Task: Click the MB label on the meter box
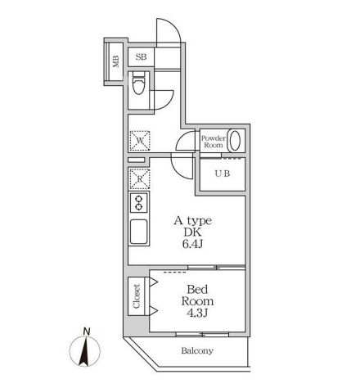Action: coord(116,61)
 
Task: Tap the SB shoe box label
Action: coord(141,57)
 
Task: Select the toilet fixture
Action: coord(139,83)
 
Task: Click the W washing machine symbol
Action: coord(140,141)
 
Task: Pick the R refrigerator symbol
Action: coord(140,179)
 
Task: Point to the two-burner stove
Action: coord(139,202)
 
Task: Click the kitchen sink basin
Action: coord(139,232)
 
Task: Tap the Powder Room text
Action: coord(214,142)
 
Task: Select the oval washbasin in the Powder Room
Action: coord(235,140)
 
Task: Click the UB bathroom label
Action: coord(223,174)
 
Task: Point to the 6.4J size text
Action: coord(192,244)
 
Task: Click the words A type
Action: coord(193,221)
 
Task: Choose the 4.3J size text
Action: coord(197,313)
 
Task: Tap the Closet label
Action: coord(137,296)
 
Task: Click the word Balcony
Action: coord(197,350)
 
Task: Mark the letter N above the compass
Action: coord(87,332)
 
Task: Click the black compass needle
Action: coord(84,351)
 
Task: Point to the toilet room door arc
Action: coord(169,102)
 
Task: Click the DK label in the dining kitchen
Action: coord(192,232)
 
